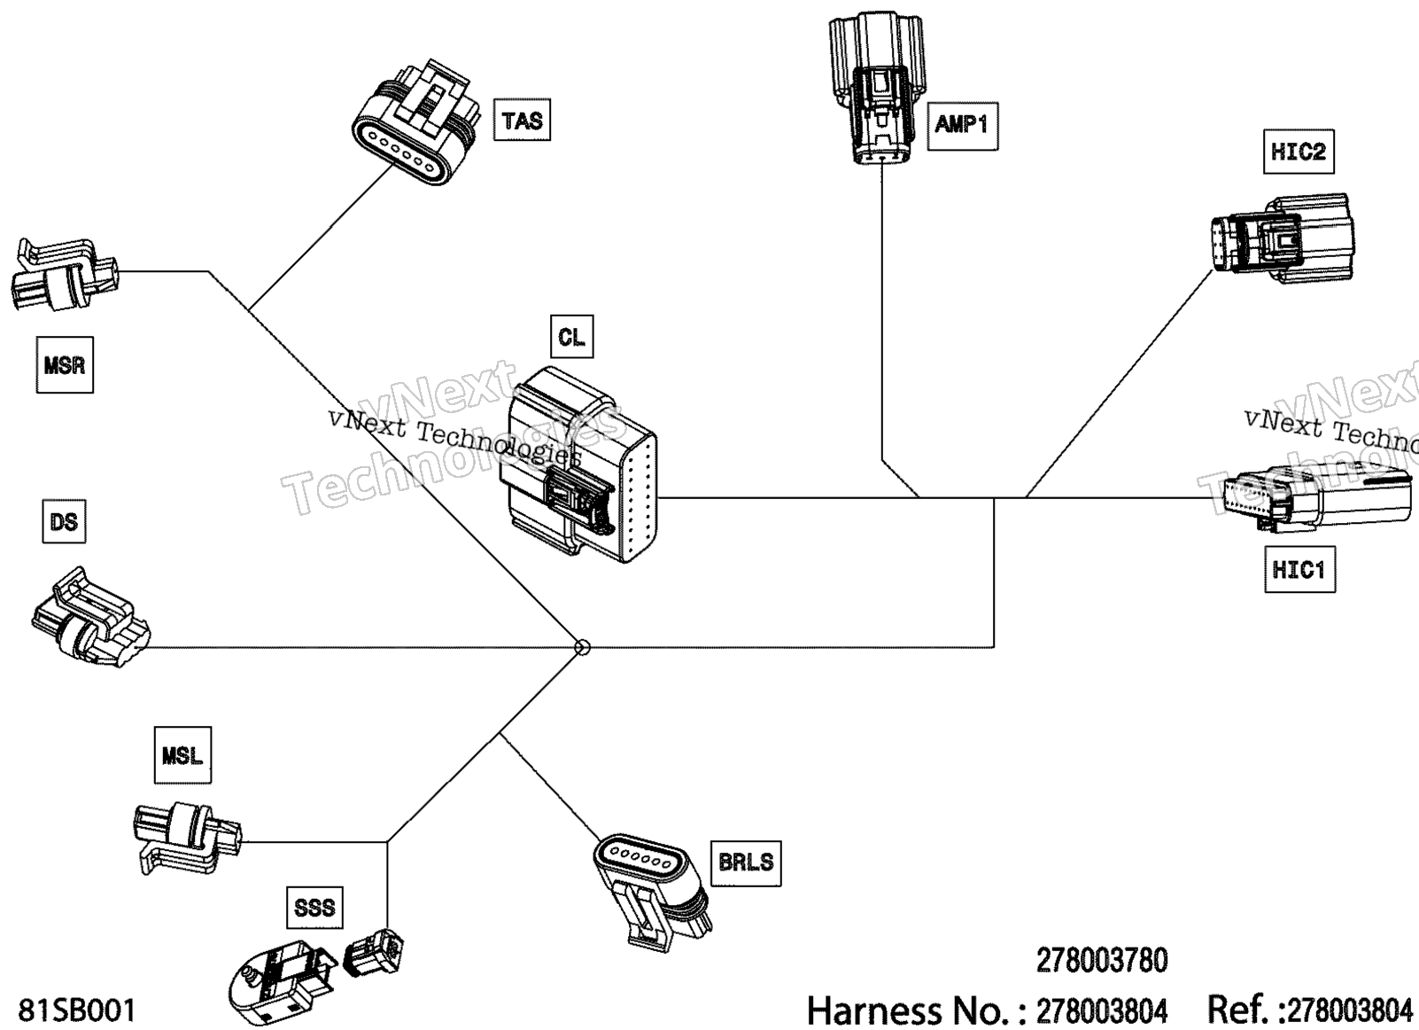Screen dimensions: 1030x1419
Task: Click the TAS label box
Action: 522,121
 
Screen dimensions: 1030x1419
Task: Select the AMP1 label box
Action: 962,124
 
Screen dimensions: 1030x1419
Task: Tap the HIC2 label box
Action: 1298,152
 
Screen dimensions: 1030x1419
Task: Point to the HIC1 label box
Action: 1299,569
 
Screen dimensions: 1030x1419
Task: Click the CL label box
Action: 571,337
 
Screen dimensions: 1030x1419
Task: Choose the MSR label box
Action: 65,364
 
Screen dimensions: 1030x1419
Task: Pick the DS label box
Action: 65,521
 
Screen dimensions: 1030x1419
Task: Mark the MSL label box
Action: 182,755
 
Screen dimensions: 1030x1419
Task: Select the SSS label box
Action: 315,906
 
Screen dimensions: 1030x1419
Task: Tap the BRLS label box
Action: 746,861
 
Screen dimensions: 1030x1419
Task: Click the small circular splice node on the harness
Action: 582,648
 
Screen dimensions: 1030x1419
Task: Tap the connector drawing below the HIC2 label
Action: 1282,240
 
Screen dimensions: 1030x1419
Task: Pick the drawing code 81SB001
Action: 77,1010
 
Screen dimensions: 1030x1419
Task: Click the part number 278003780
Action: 1102,959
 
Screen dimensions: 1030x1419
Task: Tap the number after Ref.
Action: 1349,1010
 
